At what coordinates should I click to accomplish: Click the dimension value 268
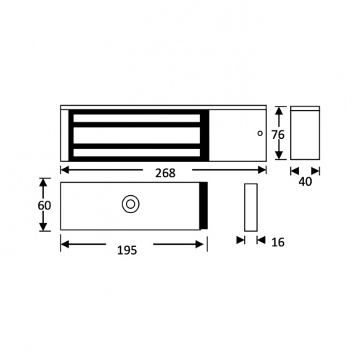point(163,173)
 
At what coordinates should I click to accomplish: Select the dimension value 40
point(305,182)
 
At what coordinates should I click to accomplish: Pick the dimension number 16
point(278,243)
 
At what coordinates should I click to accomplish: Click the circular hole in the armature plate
point(130,204)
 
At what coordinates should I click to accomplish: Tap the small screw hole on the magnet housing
point(260,133)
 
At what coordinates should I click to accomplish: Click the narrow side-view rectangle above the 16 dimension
point(251,207)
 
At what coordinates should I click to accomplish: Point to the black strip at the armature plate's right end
point(204,205)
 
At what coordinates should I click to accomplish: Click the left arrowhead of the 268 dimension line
point(64,170)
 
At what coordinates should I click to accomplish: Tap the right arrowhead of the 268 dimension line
point(263,170)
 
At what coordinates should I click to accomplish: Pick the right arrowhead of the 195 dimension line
point(204,244)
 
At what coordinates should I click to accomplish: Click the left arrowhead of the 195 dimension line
point(64,244)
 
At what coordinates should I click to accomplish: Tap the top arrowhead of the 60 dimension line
point(45,182)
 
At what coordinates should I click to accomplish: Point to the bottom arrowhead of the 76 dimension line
point(277,158)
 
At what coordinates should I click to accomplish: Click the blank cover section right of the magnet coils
point(238,134)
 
